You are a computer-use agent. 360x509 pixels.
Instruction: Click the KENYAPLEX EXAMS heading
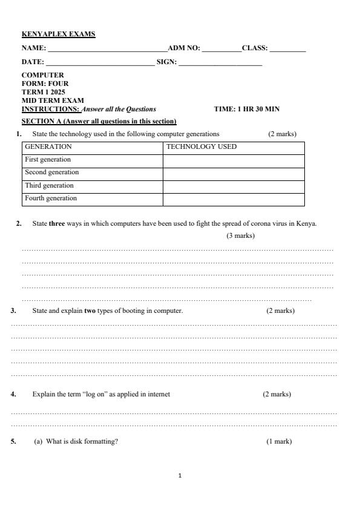coord(59,34)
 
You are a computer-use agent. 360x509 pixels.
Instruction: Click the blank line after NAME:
coord(107,48)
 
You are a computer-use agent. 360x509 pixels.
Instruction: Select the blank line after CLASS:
coord(287,48)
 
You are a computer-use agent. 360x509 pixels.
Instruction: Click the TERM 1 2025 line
coord(44,92)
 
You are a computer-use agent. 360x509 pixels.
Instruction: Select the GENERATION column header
coord(48,146)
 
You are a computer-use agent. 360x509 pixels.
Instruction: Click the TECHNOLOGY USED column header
coord(201,146)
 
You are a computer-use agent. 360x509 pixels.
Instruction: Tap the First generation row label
coord(48,160)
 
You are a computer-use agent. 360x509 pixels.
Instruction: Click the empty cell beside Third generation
coord(234,186)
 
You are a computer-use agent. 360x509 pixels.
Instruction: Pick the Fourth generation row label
coord(51,199)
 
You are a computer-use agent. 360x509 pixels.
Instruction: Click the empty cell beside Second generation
coord(234,173)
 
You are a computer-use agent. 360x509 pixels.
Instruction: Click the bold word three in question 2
coord(57,223)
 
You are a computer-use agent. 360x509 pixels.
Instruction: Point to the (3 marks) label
coord(240,235)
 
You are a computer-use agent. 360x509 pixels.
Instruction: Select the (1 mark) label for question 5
coord(279,441)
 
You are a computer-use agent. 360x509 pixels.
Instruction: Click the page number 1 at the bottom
coord(180,476)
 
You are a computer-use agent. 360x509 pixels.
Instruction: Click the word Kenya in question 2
coord(307,223)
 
